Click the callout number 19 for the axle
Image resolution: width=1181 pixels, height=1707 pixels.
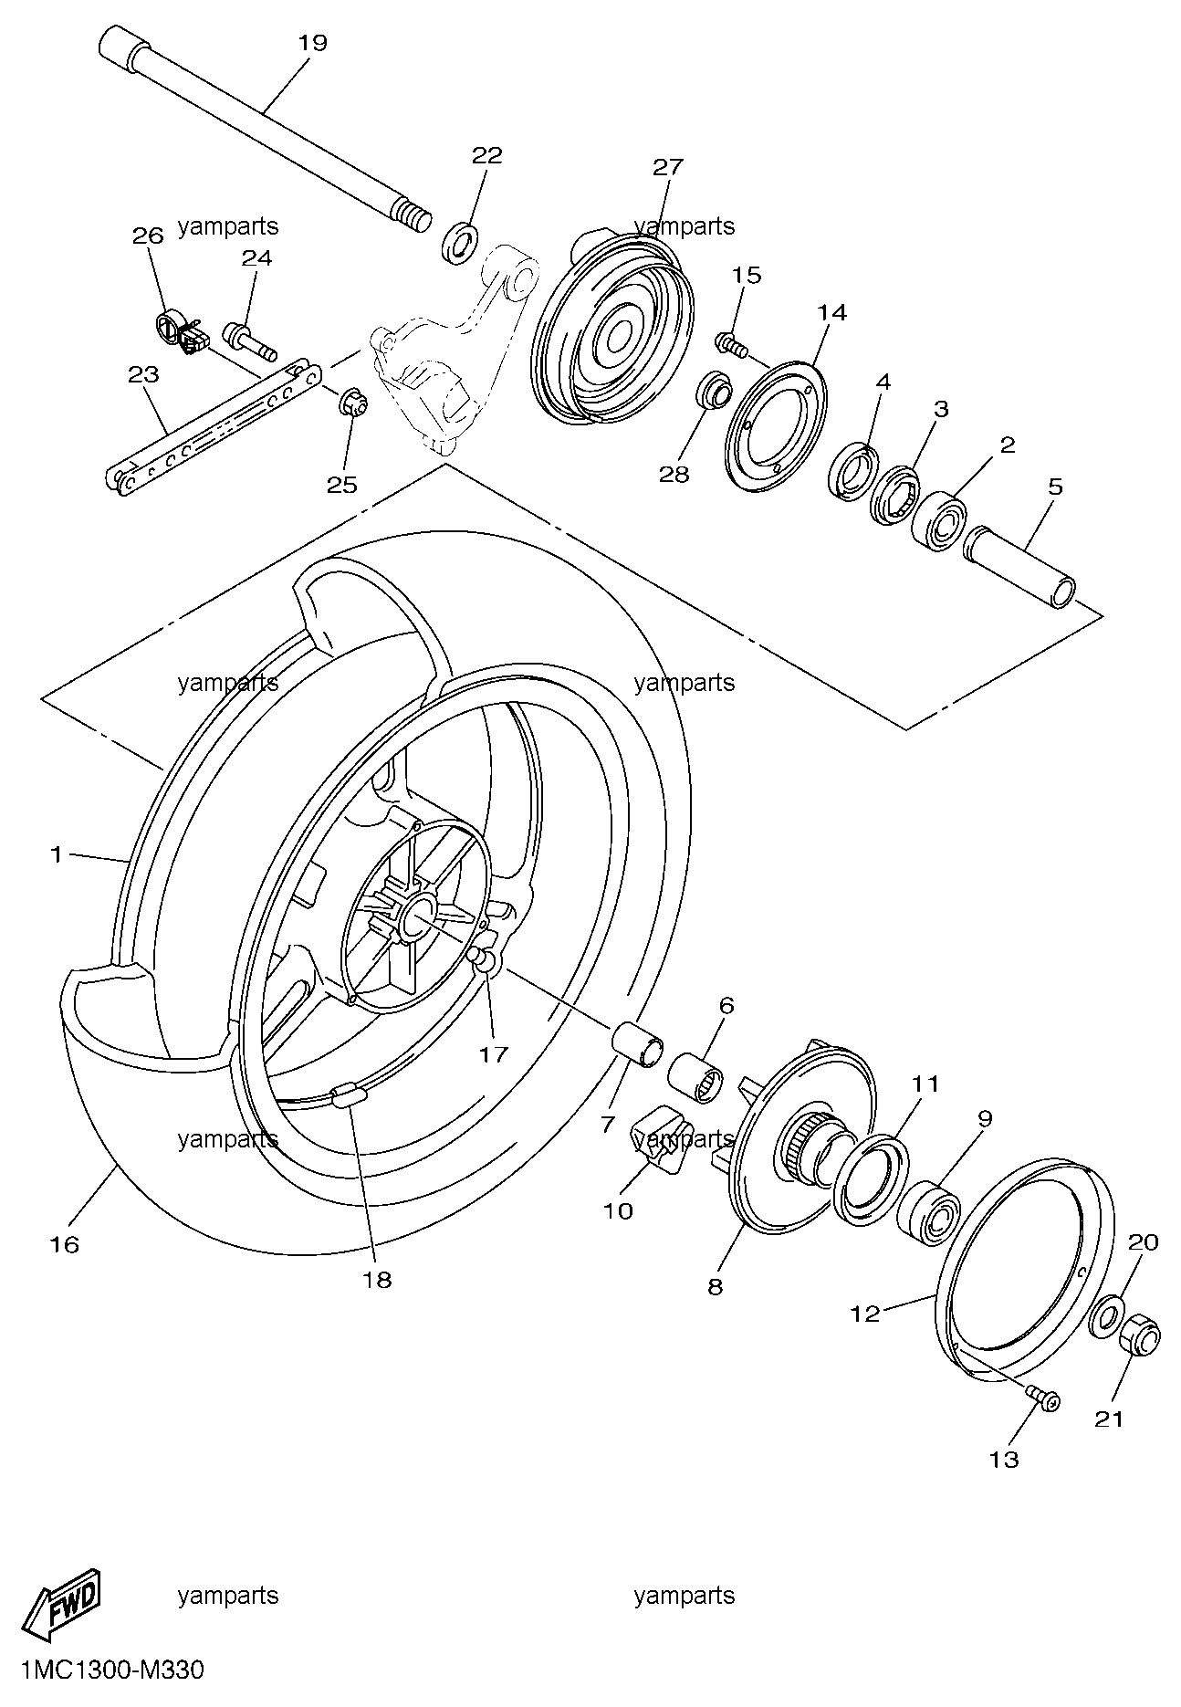coord(312,43)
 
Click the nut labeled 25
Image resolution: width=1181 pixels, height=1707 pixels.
coord(353,402)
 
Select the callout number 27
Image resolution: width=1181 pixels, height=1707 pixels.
coord(668,167)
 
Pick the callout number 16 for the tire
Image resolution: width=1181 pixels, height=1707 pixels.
coord(65,1244)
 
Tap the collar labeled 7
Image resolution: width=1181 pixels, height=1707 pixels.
coord(637,1044)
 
